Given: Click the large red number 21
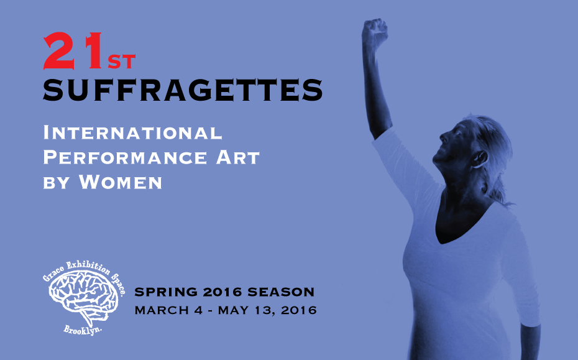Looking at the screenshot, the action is click(x=73, y=50).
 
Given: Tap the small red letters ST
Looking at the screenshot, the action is click(x=122, y=62).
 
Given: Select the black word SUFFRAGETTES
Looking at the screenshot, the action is click(x=183, y=90).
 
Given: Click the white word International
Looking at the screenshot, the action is click(x=133, y=133).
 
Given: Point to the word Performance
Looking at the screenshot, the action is click(x=126, y=157).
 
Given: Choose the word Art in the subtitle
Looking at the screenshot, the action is click(x=238, y=157).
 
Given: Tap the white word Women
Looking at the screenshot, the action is click(x=121, y=182).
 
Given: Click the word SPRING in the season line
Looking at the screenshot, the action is click(x=166, y=292).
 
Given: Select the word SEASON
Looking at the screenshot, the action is click(x=281, y=292).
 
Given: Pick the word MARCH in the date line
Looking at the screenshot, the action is click(x=162, y=310).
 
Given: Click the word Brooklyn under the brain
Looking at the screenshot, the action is click(x=83, y=330).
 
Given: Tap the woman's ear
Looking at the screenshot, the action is click(x=480, y=159).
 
